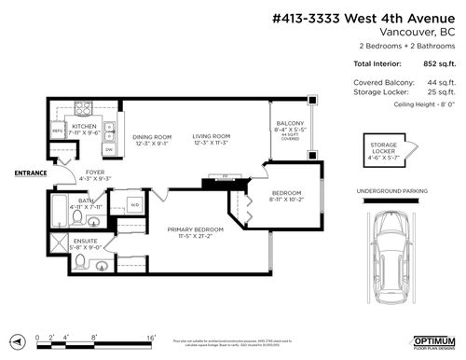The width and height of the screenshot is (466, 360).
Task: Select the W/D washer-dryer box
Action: pos(134,206)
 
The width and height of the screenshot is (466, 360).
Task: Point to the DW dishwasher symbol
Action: pos(109,148)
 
